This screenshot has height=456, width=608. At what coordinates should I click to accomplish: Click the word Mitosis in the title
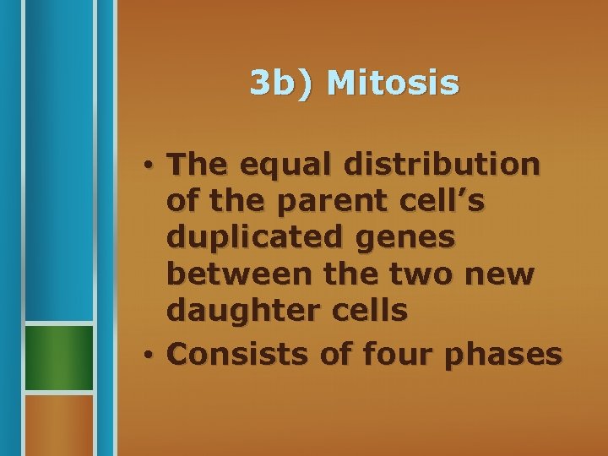(x=393, y=83)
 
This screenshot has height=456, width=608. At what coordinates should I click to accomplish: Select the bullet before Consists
(x=147, y=354)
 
